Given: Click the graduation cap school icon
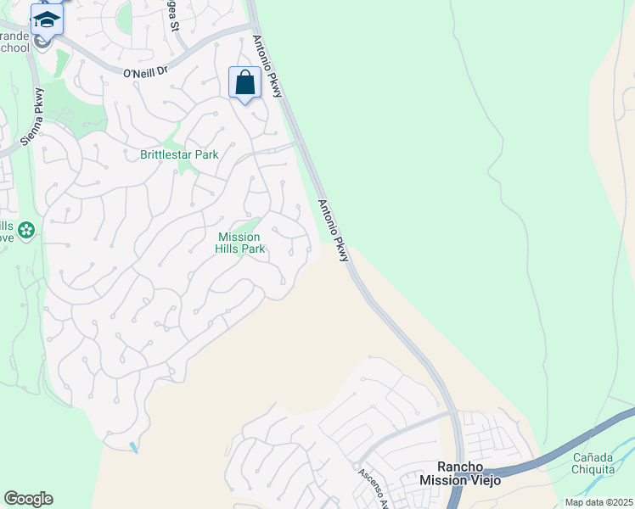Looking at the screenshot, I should coord(47,18).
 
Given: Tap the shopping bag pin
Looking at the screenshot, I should coord(244,83).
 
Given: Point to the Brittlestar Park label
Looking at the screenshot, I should coord(179,154).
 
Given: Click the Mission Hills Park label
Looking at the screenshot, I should coord(241,243).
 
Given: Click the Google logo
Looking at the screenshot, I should coord(28,499).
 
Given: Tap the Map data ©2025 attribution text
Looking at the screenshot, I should coord(598,502).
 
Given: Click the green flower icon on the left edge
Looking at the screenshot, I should coord(26,230).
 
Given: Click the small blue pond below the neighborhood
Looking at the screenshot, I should coord(133,447).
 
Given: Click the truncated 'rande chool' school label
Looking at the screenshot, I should coord(14,42).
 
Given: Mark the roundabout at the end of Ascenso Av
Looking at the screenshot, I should coord(356,465).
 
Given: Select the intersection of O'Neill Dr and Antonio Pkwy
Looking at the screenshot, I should coord(256,27).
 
